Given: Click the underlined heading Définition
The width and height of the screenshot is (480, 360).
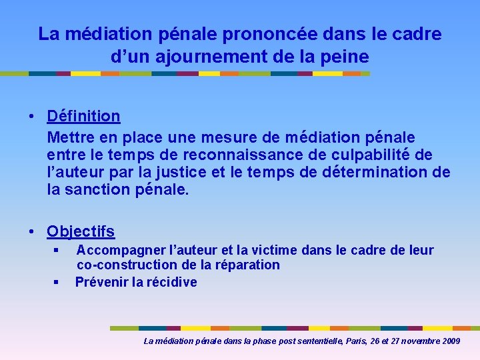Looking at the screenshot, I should tap(83, 116).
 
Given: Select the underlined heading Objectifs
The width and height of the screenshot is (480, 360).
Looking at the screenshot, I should tap(81, 232).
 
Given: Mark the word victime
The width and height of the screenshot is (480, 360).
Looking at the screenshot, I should tap(275, 251).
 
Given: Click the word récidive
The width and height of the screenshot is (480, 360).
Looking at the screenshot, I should tap(172, 282).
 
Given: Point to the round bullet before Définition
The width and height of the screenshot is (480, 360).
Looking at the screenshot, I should tap(32, 117).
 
